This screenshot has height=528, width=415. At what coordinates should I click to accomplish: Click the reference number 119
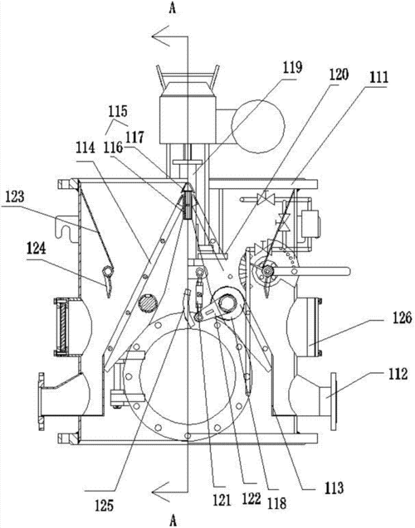tap(292, 68)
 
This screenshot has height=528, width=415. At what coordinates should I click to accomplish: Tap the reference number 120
tap(338, 75)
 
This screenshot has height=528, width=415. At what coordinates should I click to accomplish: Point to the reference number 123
tap(14, 197)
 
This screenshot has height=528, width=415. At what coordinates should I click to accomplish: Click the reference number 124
tap(36, 249)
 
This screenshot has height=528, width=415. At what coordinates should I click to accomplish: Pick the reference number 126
tap(402, 317)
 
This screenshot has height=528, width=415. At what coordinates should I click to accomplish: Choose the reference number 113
tap(334, 487)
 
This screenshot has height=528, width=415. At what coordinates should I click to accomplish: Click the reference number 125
tap(105, 506)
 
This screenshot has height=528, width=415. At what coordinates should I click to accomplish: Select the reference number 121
tap(222, 500)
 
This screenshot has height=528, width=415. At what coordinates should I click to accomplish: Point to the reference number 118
tap(276, 503)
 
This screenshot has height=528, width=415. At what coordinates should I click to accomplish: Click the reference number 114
tap(85, 148)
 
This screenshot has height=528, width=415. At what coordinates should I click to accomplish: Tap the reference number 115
tap(118, 111)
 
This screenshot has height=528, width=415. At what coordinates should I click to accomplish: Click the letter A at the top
tap(173, 9)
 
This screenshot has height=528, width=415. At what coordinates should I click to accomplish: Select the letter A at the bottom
tap(173, 521)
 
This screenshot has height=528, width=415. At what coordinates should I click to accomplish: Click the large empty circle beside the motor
tap(258, 126)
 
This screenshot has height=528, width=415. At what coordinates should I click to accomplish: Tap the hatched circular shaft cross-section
tap(148, 302)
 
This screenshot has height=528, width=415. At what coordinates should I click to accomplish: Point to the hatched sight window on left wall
tap(62, 327)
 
